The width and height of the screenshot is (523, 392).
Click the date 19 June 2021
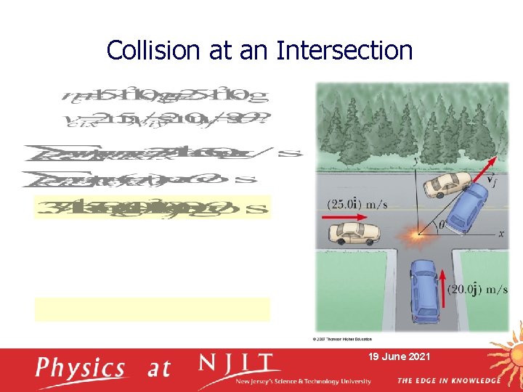point(400,357)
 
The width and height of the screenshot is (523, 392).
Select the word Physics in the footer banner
point(81,367)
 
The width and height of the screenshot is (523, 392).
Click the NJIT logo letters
point(239,364)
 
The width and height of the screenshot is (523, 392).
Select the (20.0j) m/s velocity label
point(477,290)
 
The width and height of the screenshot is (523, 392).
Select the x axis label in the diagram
point(501,234)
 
